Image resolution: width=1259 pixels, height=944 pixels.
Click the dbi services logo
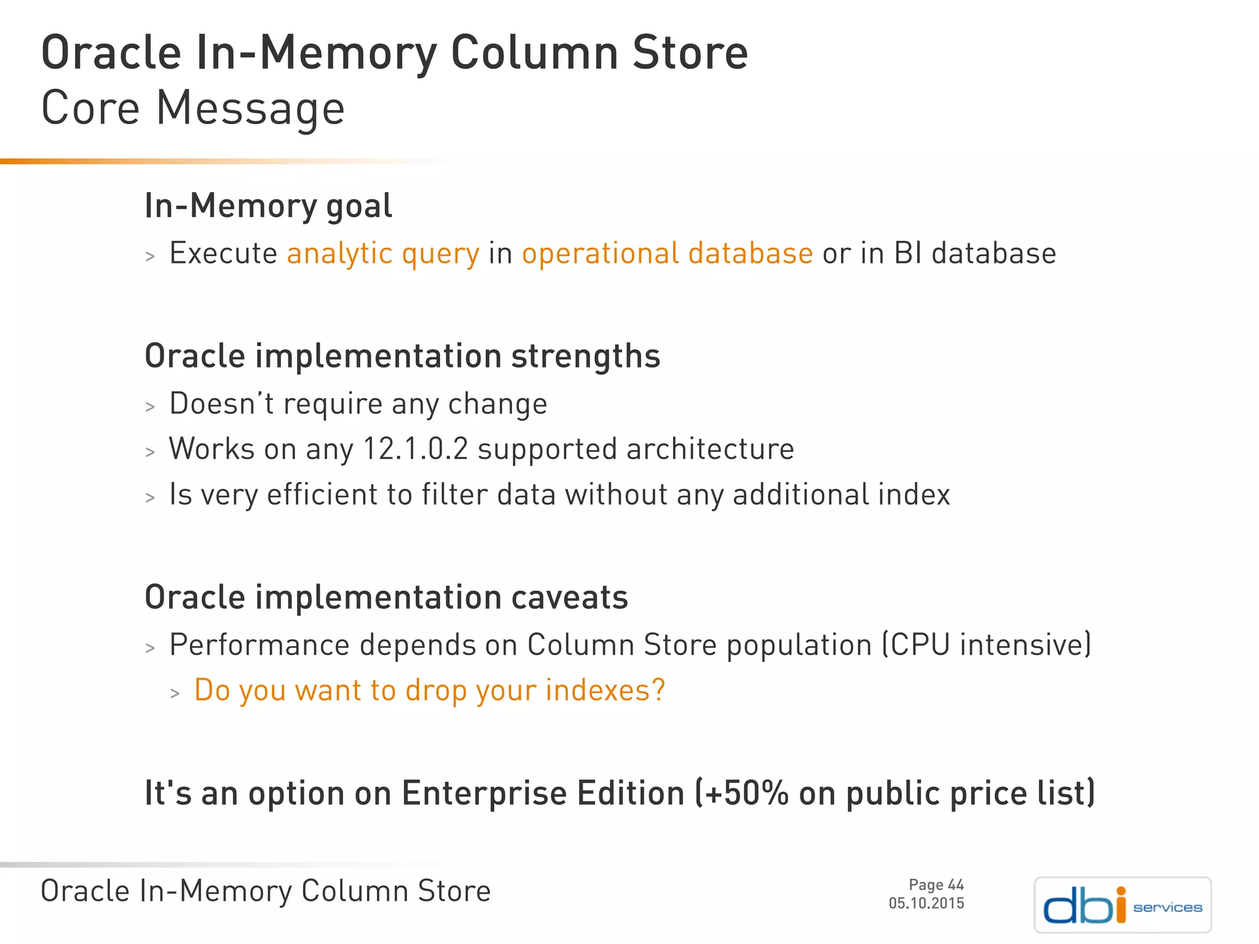pos(1123,905)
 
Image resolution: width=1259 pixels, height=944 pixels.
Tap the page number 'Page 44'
pos(936,884)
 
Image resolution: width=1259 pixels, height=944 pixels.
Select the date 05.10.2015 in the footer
pos(926,903)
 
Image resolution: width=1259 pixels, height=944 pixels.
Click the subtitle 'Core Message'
pos(193,109)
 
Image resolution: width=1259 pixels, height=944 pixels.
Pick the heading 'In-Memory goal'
pos(268,206)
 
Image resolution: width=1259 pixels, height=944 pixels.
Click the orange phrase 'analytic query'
pos(383,254)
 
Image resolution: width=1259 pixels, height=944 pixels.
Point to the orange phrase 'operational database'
pos(667,254)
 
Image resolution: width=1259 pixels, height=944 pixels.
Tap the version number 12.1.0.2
pos(416,449)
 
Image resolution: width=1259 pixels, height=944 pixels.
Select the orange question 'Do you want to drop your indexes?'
pos(430,690)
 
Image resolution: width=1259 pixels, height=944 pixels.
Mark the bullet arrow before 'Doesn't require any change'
pos(150,407)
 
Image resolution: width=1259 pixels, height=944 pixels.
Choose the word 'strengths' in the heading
pos(585,356)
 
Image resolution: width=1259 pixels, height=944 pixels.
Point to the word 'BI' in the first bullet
pos(908,254)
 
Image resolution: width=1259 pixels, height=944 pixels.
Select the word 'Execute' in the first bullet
pos(223,254)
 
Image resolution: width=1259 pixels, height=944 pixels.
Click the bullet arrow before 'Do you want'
pos(175,694)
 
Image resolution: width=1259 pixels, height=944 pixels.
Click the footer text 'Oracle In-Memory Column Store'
pos(266,891)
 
